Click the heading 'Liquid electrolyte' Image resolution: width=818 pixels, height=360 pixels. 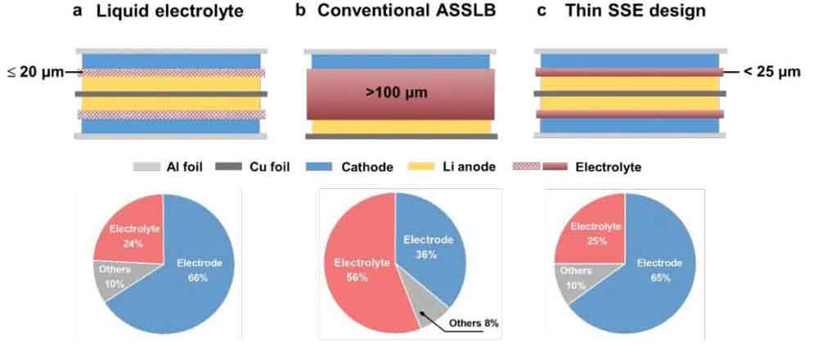(169, 11)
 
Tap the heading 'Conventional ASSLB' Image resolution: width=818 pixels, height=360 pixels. (407, 11)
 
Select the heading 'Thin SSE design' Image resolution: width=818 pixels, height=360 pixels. (636, 11)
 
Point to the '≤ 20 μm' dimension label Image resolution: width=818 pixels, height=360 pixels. (35, 72)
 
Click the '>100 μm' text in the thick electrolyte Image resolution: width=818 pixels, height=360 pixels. (397, 94)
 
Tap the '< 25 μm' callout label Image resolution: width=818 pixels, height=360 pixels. (771, 72)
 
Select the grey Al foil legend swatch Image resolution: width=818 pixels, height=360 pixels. (150, 167)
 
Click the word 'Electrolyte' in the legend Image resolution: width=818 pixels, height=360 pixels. (609, 168)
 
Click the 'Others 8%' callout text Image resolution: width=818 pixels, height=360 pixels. (473, 323)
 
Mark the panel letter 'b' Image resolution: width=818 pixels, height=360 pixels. (300, 11)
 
